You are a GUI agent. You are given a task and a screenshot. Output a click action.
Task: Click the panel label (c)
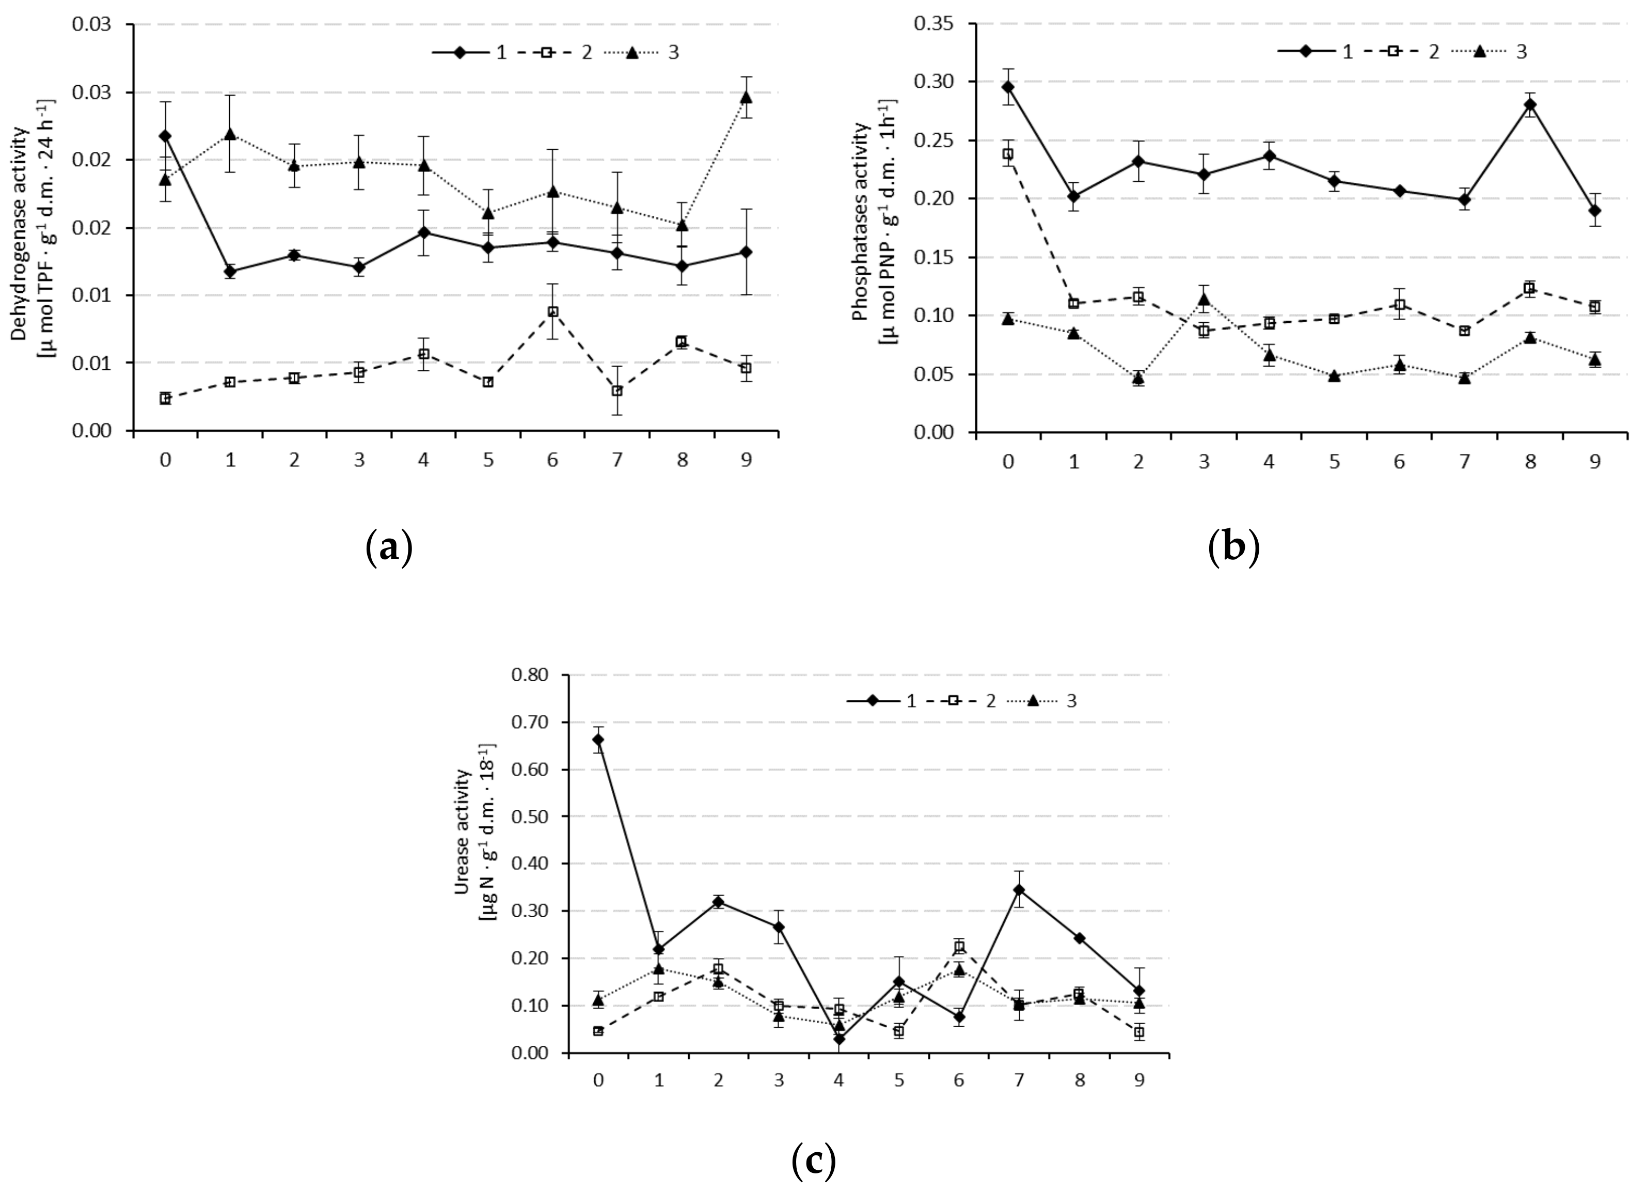click(x=814, y=1162)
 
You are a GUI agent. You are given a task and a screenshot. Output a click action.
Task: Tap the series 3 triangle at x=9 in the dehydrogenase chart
click(x=746, y=97)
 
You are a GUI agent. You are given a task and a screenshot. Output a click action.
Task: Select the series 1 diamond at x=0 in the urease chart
click(x=598, y=740)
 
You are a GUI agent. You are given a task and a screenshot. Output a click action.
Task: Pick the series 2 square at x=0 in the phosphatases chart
click(x=1008, y=154)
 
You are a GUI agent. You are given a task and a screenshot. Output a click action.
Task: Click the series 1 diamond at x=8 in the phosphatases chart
click(x=1530, y=104)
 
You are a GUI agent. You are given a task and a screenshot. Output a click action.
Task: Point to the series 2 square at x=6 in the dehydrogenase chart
click(x=552, y=311)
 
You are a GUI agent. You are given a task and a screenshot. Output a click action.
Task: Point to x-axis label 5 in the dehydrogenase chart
click(x=488, y=460)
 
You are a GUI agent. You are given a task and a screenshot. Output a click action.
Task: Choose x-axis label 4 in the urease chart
click(x=838, y=1081)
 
